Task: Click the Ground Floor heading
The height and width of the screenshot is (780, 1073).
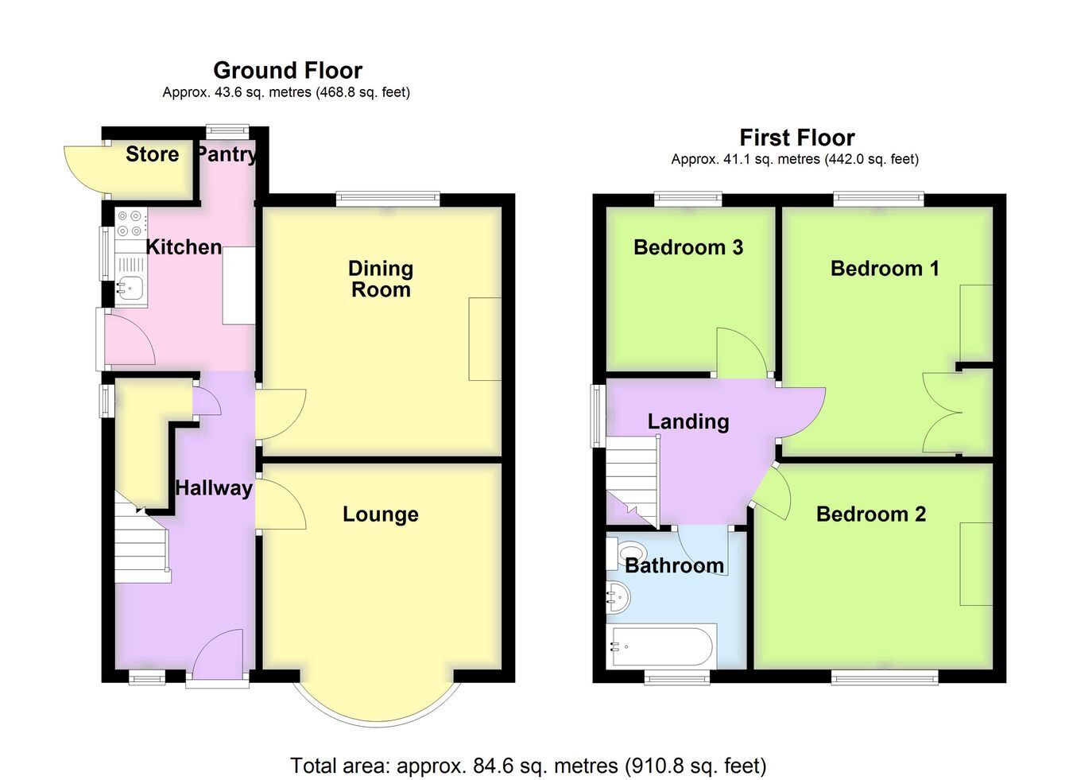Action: [288, 71]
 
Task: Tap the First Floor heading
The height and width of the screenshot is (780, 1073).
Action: [797, 138]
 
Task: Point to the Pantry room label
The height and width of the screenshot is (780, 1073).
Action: [226, 155]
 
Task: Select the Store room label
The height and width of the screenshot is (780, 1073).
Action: [153, 154]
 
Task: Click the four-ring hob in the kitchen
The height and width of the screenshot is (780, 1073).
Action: [131, 223]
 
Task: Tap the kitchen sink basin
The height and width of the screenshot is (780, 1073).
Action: [130, 289]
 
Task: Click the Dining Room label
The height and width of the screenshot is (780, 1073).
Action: [381, 279]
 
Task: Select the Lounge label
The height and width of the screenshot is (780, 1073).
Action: [381, 514]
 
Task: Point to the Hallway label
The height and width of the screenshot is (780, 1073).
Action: [214, 488]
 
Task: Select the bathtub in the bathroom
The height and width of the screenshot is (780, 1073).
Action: [661, 646]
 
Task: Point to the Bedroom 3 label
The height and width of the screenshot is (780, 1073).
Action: [688, 248]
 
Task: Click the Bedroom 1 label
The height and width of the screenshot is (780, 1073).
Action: [885, 269]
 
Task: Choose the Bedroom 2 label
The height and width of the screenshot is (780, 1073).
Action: [871, 514]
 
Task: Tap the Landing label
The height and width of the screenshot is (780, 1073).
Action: [688, 421]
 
